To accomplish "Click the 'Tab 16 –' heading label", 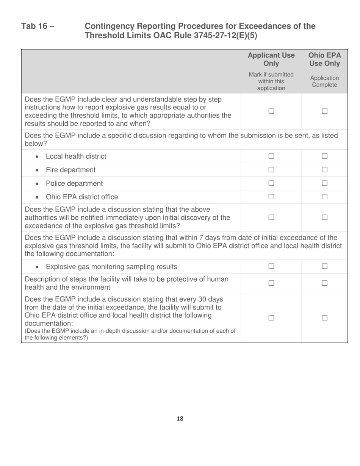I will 38,26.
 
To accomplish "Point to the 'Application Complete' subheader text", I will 324,81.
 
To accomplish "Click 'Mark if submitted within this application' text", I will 271,81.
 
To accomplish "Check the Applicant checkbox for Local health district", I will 271,156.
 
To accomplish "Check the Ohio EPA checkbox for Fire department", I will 324,170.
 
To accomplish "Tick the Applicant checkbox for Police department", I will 271,184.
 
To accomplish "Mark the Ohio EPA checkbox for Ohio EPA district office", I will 324,197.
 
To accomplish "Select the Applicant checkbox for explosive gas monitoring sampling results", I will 271,267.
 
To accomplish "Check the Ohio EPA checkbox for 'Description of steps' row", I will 324,283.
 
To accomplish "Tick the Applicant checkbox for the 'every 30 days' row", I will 271,318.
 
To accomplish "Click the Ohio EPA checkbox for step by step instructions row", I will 324,111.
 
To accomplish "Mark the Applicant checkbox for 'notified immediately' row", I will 271,217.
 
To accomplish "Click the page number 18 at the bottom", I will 180,419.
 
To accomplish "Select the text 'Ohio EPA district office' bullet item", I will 81,197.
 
